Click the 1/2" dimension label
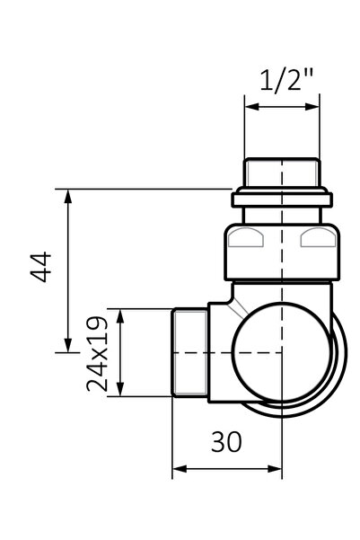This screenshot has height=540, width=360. tap(286, 81)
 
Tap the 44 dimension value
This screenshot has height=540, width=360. tap(41, 267)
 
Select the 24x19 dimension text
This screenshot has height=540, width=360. tap(97, 354)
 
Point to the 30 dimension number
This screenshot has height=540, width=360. tap(226, 442)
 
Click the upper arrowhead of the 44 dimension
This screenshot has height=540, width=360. tap(68, 196)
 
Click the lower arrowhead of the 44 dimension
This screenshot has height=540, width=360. tap(68, 346)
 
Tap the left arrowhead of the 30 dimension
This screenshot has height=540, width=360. tap(179, 469)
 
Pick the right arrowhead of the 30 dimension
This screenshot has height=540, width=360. tap(275, 469)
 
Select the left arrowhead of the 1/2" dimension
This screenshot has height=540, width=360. tap(251, 107)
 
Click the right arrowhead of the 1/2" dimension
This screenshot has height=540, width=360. tap(312, 107)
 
